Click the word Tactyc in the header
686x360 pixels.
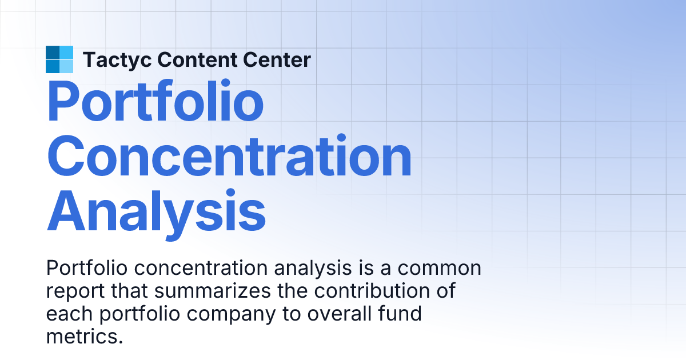[117, 59]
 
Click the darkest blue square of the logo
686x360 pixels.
[53, 53]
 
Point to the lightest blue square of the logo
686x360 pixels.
[66, 66]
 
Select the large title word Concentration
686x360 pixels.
[229, 156]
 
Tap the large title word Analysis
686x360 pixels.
[156, 211]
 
